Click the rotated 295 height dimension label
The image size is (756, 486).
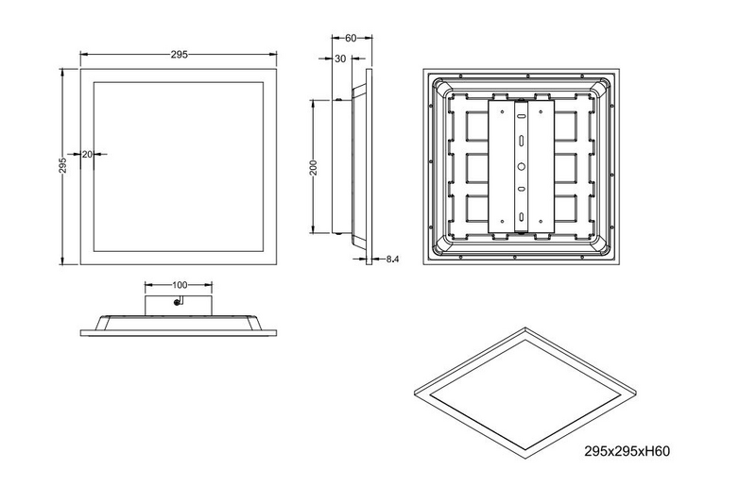62,166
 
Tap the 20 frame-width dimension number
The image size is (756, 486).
87,153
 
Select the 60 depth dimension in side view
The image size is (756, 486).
352,39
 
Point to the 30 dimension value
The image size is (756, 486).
340,59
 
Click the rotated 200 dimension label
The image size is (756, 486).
314,167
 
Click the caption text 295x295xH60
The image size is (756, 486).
622,452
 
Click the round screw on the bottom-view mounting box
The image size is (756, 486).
177,303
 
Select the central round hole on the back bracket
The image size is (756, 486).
519,168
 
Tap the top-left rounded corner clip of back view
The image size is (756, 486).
440,92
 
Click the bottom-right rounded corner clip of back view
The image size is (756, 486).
598,243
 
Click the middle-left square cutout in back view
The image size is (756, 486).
469,168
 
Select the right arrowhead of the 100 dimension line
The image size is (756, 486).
210,284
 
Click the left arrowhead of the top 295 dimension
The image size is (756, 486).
83,55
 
